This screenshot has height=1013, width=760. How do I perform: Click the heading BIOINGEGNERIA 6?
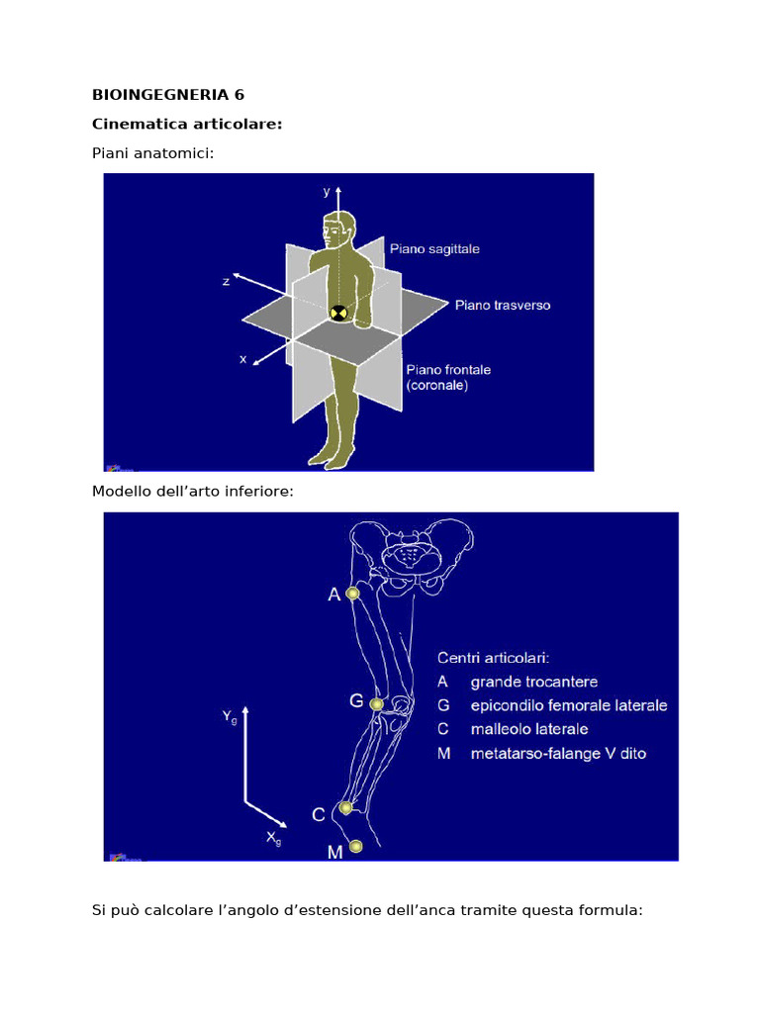[168, 95]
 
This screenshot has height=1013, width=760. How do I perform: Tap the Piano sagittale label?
[434, 249]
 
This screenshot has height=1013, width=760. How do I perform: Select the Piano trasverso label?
[503, 306]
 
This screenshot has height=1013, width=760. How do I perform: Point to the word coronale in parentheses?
[437, 386]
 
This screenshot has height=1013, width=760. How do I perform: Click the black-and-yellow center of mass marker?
[338, 313]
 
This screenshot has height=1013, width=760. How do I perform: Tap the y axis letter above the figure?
[327, 192]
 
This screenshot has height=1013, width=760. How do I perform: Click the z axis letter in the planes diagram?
[227, 281]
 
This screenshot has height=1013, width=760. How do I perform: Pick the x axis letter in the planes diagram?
[242, 360]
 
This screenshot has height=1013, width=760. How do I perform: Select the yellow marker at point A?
[352, 594]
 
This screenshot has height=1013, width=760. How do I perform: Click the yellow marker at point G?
[376, 704]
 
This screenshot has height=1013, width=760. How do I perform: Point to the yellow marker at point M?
[356, 846]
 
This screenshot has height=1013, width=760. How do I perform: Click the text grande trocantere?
[533, 682]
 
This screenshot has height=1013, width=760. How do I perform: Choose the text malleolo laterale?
[529, 729]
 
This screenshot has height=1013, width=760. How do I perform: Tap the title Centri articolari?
[494, 657]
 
